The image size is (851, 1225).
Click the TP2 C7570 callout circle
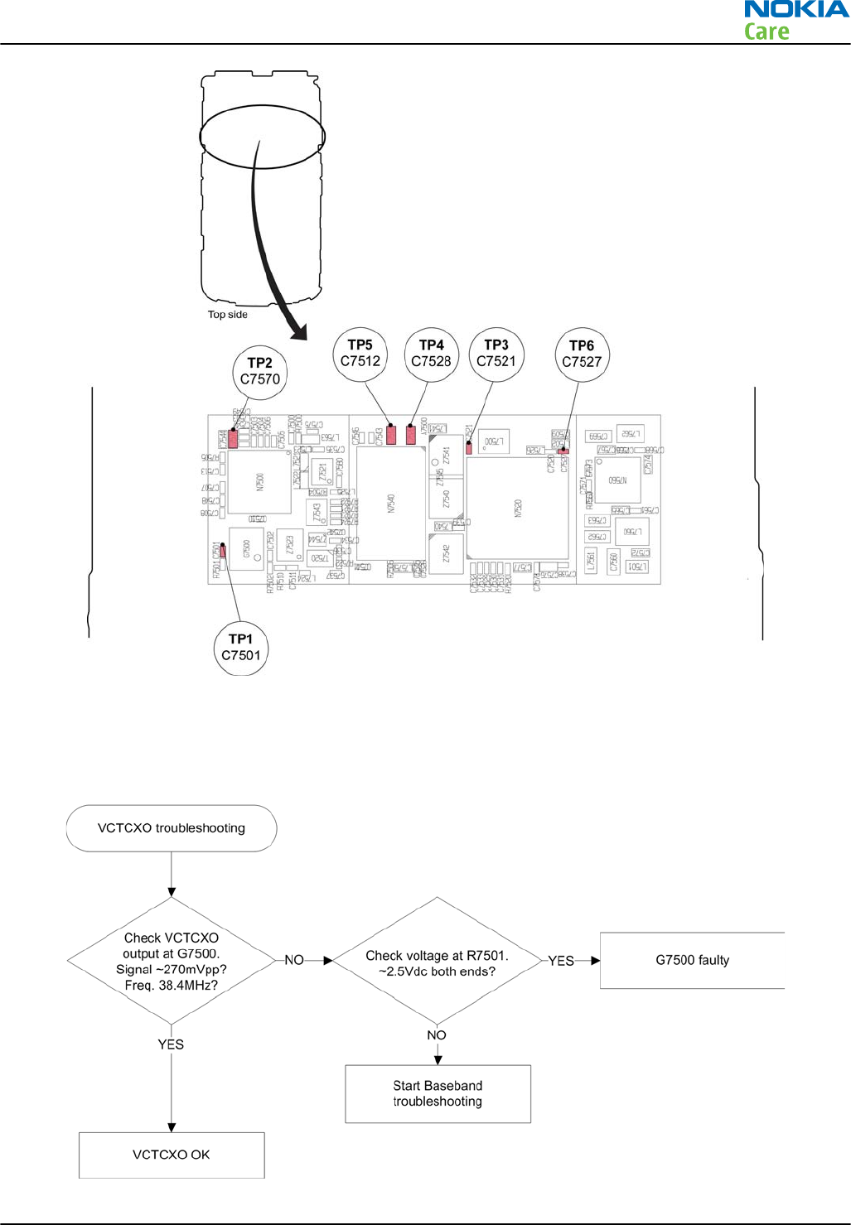(259, 372)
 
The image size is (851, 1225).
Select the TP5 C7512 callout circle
(360, 354)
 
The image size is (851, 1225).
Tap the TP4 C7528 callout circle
(431, 354)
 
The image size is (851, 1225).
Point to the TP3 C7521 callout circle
(496, 354)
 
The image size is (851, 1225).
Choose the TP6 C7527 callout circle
(582, 354)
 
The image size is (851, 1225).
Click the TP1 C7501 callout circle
(240, 648)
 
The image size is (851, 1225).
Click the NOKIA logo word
(795, 10)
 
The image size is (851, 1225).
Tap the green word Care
(766, 32)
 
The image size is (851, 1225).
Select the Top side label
(227, 315)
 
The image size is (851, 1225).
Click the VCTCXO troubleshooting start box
(172, 828)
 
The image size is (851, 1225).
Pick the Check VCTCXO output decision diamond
(172, 961)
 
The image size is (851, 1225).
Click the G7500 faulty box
(692, 961)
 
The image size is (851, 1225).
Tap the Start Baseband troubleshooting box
(438, 1093)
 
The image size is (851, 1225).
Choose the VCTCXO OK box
(172, 1155)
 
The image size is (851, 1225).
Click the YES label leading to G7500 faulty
(561, 961)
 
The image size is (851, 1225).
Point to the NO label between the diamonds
(294, 960)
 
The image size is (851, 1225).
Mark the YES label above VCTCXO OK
(171, 1044)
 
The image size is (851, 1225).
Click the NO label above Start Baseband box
(437, 1035)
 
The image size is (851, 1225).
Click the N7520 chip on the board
(518, 507)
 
